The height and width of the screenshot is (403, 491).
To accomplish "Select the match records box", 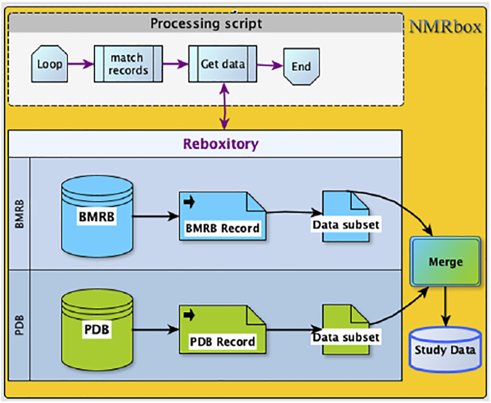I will (128, 64).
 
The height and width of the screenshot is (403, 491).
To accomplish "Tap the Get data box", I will (222, 64).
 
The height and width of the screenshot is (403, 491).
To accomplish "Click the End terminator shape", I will (301, 66).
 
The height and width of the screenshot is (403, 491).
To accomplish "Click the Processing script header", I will (206, 23).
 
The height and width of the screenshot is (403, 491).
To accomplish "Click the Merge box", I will (445, 262).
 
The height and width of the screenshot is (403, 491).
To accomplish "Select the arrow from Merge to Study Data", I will (445, 307).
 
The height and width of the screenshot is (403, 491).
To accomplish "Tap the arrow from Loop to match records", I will (80, 64).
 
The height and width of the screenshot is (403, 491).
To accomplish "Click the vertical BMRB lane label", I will (20, 213).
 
